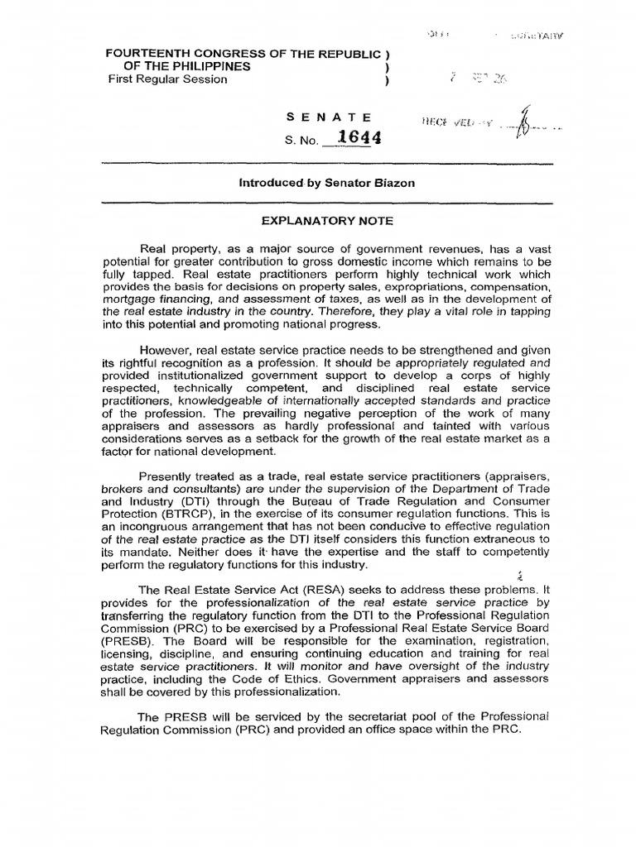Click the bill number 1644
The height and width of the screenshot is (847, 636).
360,138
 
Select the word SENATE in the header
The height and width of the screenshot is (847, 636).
328,117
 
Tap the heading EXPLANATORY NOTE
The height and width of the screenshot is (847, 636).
322,221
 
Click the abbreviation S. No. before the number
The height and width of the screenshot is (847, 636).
301,141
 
